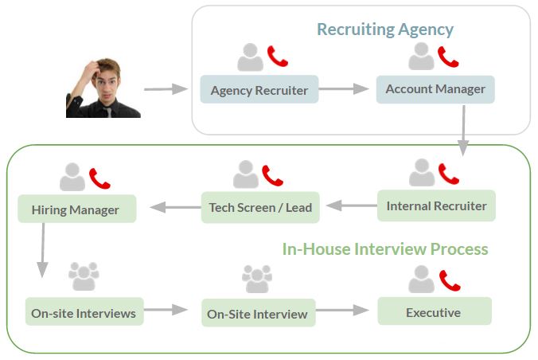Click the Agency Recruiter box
[259, 89]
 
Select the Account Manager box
[435, 89]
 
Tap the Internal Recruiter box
[436, 205]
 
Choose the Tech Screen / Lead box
[260, 208]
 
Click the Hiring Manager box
[77, 209]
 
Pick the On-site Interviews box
[84, 311]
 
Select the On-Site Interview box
[259, 312]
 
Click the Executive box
[435, 311]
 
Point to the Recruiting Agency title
[385, 29]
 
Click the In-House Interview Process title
[385, 249]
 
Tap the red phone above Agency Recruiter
[278, 56]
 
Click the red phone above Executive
[450, 280]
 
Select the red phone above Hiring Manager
[99, 178]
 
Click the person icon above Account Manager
[421, 56]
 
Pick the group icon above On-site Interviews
[84, 276]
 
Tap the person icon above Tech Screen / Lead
[246, 174]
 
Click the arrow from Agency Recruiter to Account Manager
[344, 88]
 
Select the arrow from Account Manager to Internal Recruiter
[463, 131]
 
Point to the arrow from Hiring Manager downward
[43, 250]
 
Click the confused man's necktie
[108, 112]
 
